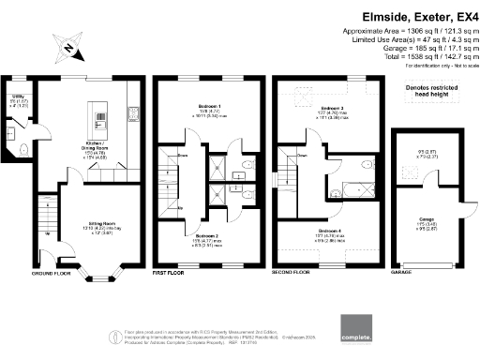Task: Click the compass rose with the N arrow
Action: pos(71,44)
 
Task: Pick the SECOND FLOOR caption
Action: pos(292,274)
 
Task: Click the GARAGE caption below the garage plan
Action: pos(400,274)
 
